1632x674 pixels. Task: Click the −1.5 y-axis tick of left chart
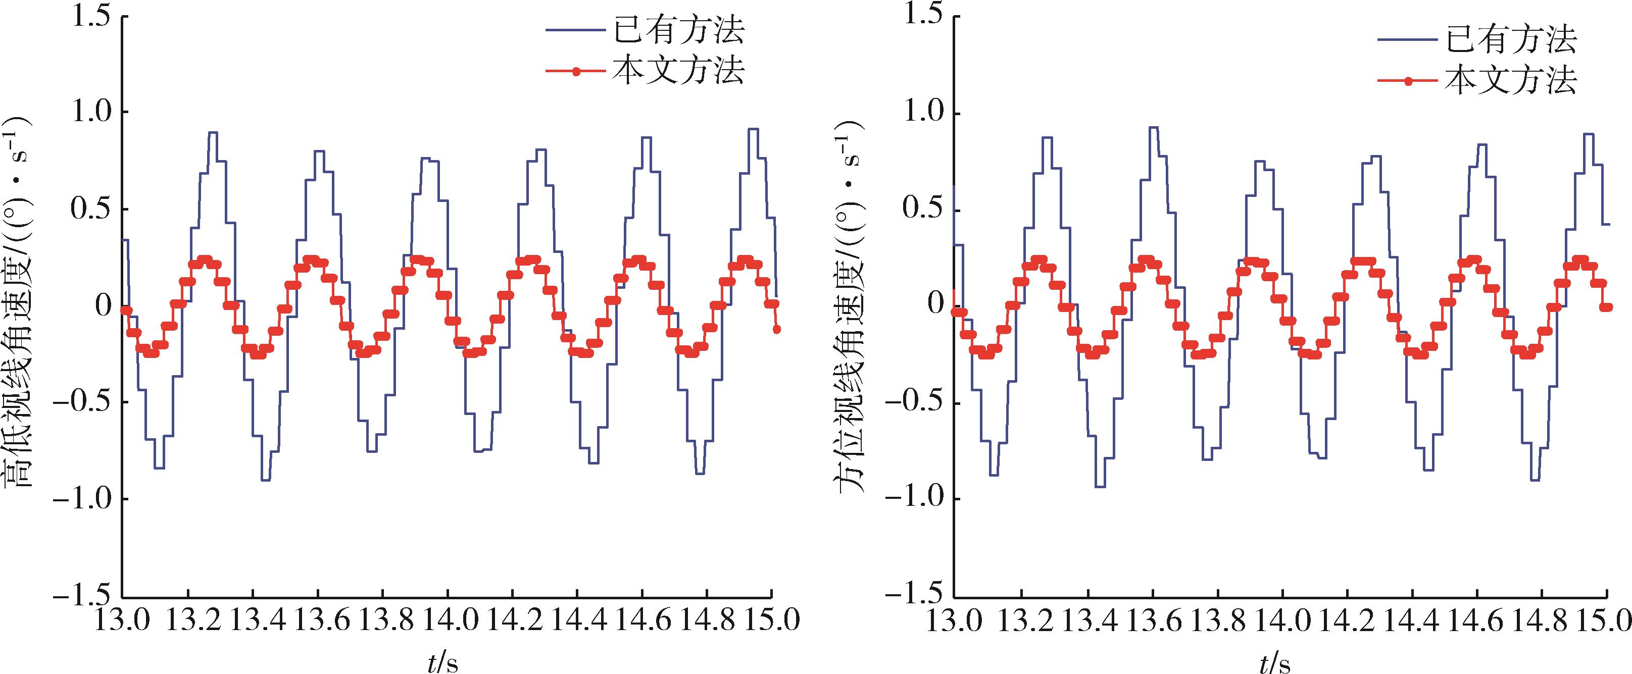pyautogui.click(x=82, y=595)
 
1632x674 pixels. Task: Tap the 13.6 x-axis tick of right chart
pyautogui.click(x=1151, y=622)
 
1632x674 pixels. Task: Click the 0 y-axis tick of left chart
pyautogui.click(x=103, y=306)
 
